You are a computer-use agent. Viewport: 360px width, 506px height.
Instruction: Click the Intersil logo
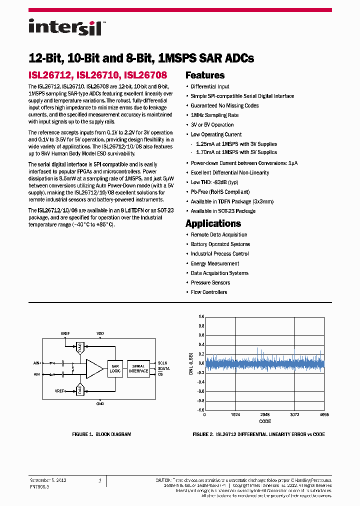[65, 27]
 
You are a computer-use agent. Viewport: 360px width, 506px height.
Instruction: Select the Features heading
[205, 75]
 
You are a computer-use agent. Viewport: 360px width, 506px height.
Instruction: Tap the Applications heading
[213, 223]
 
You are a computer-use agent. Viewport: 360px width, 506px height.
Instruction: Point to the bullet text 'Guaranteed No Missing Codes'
[224, 105]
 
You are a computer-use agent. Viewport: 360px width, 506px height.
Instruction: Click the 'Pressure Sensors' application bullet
[210, 282]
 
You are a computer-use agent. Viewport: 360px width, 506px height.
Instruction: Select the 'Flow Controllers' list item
[209, 292]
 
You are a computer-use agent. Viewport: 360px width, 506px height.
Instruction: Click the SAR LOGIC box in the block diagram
[114, 368]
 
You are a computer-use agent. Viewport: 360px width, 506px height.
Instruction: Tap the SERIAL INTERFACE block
[138, 368]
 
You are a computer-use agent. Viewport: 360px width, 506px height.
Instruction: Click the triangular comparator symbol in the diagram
[93, 368]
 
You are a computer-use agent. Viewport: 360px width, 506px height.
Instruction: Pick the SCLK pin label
[163, 363]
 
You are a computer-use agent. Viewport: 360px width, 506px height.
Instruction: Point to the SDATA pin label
[163, 368]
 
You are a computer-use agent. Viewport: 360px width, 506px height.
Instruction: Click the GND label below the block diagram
[100, 403]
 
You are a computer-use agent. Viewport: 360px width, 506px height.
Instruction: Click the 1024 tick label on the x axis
[235, 414]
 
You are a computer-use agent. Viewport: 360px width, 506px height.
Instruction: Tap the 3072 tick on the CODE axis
[294, 414]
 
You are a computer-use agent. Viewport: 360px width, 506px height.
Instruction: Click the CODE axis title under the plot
[264, 421]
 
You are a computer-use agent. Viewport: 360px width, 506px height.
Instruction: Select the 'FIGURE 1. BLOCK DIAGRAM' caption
[101, 434]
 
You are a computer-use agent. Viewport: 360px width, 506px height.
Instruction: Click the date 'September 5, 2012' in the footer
[48, 480]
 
